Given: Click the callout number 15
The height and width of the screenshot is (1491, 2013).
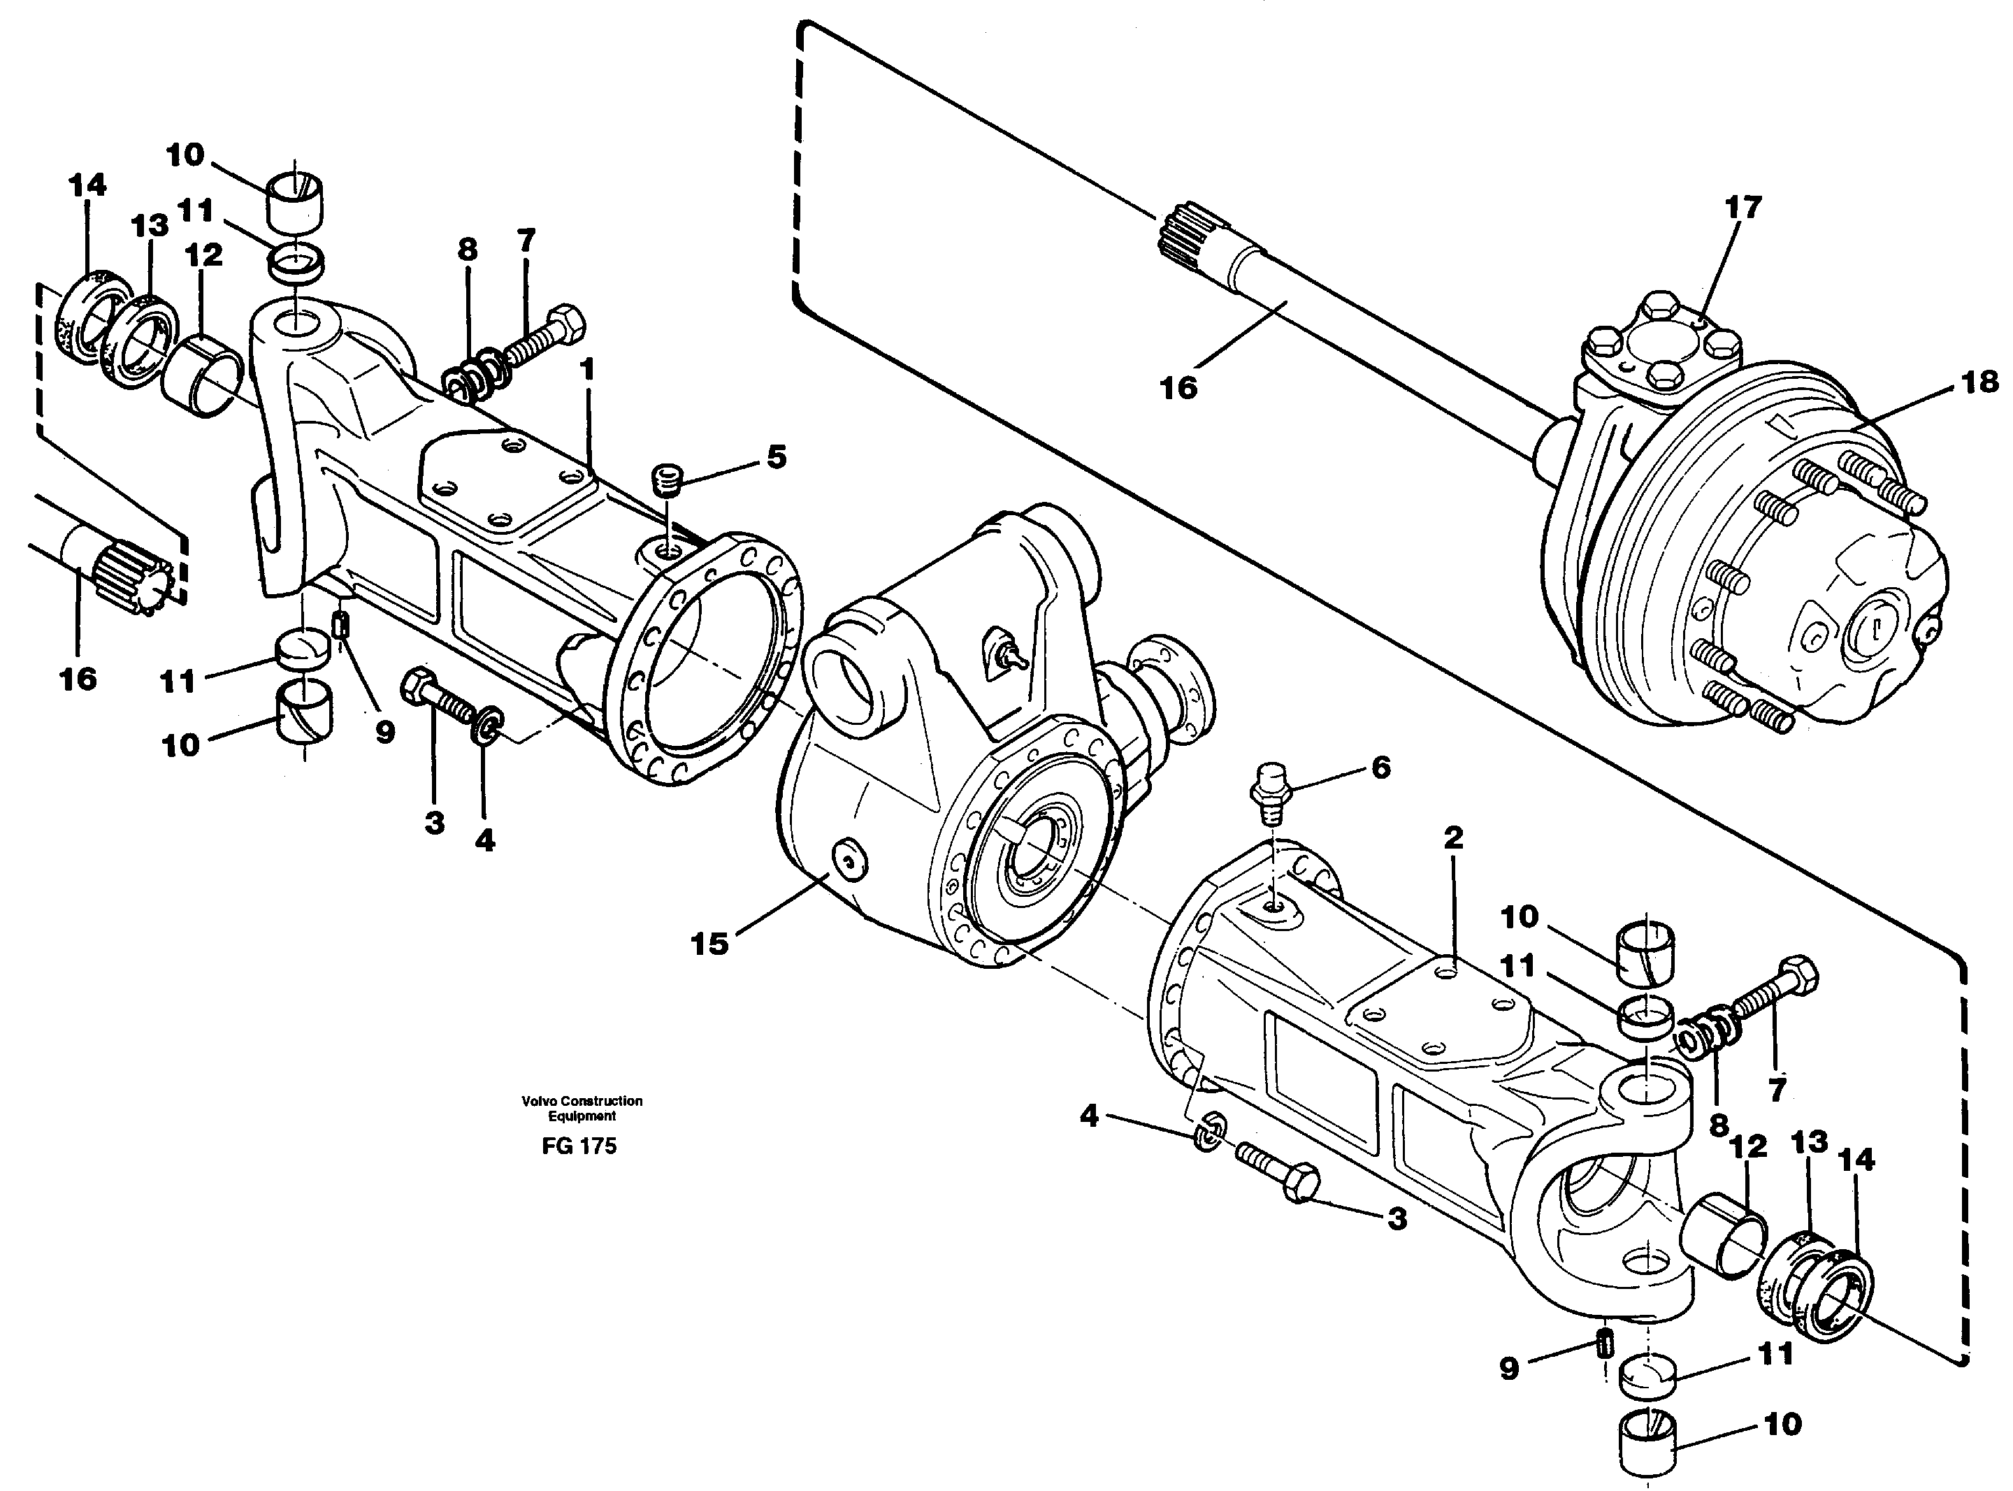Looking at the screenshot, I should [709, 944].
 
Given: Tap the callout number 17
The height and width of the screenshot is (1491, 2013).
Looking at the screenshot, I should [1743, 208].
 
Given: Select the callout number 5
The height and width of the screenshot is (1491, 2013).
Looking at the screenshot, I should [776, 456].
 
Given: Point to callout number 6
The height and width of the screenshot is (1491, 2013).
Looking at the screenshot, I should [1380, 768].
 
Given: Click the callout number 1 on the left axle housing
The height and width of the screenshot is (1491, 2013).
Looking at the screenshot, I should [587, 369].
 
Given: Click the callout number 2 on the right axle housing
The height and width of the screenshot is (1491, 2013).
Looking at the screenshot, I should [1452, 837].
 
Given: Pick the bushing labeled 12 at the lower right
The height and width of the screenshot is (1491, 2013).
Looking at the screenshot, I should [1722, 1234].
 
